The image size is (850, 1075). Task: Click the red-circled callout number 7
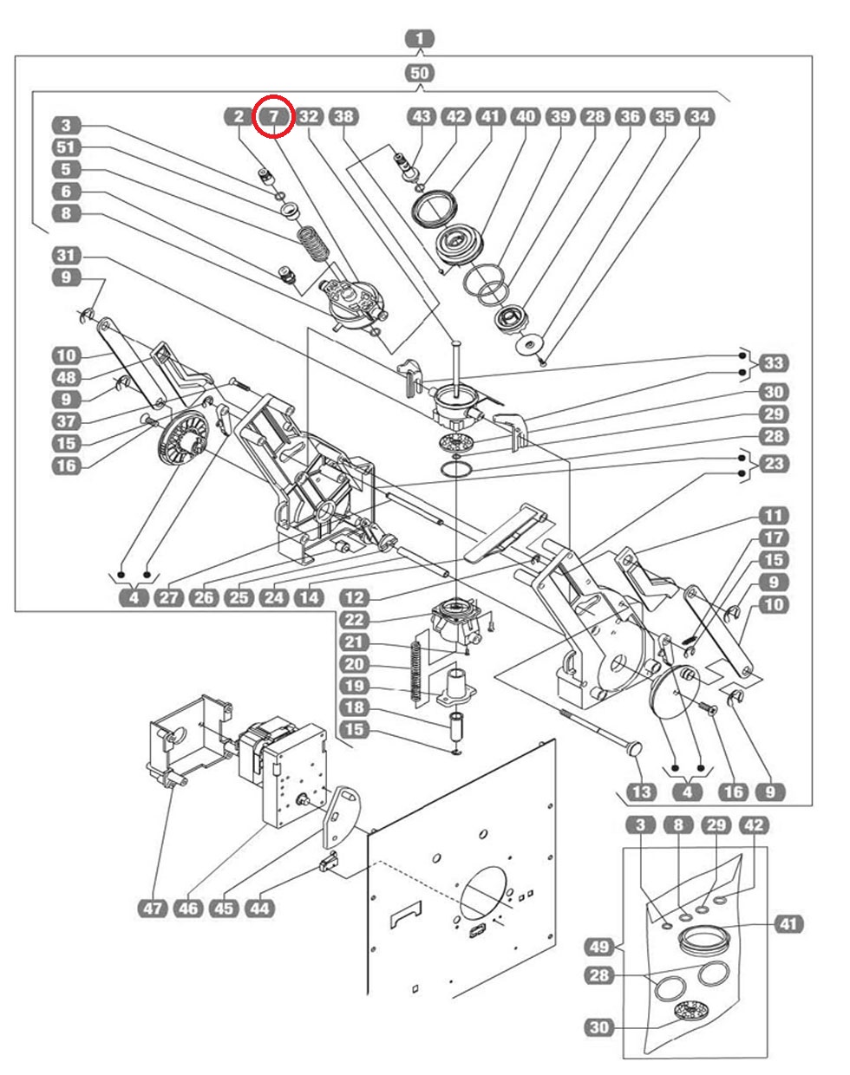(x=274, y=115)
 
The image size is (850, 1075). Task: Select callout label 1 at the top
(x=419, y=39)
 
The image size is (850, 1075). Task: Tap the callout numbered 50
(x=419, y=73)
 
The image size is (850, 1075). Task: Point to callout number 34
(x=700, y=116)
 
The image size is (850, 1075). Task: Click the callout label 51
(x=66, y=147)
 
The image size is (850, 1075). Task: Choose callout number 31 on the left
(x=66, y=256)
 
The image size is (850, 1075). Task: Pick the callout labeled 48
(x=66, y=377)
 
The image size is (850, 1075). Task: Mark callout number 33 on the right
(x=773, y=362)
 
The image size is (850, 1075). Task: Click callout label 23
(x=773, y=464)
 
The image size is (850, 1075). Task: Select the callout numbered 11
(x=773, y=516)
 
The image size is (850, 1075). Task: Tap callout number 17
(x=773, y=538)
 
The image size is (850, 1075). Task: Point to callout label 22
(x=354, y=620)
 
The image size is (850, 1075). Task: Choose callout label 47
(x=153, y=909)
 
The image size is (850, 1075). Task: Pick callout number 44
(x=259, y=909)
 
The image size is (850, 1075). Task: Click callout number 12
(x=354, y=597)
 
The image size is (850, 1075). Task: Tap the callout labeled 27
(x=169, y=597)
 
